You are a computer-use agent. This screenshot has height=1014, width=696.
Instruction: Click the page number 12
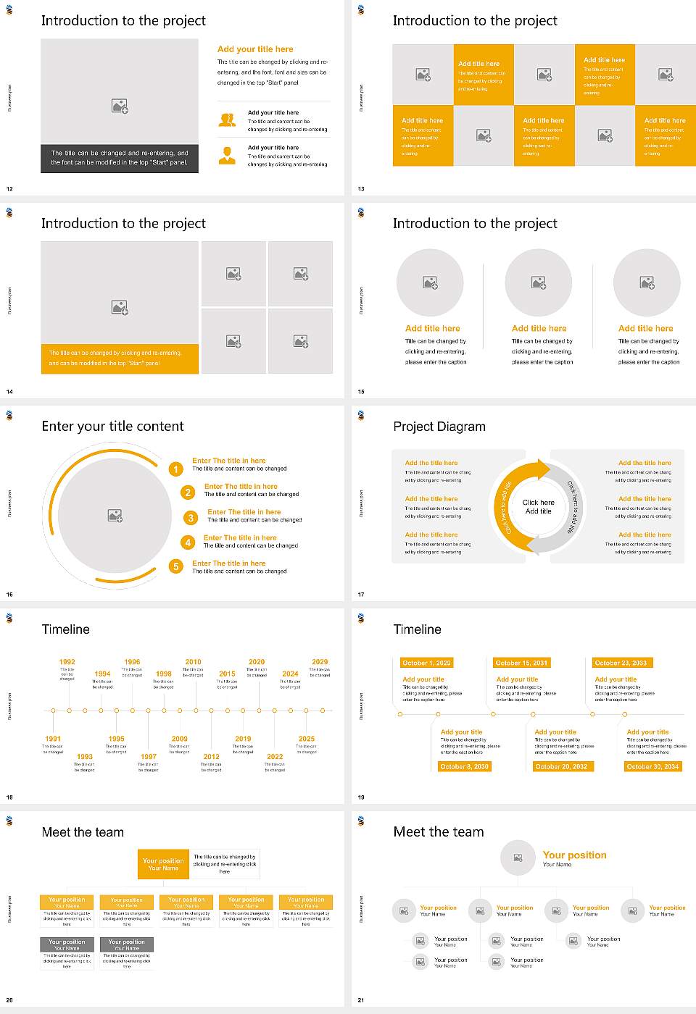(9, 189)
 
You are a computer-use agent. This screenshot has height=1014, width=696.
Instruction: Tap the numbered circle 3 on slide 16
(191, 518)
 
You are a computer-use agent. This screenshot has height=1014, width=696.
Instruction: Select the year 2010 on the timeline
(193, 662)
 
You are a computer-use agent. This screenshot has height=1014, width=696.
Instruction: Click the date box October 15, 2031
(521, 663)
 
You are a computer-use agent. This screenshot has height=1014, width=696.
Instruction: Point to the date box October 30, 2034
(652, 766)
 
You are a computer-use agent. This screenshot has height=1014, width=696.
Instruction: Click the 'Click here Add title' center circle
(538, 506)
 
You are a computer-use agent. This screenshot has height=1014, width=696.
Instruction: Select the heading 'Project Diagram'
(439, 427)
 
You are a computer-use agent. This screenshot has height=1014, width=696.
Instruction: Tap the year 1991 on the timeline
(53, 739)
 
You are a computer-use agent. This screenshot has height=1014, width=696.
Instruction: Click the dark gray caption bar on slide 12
(120, 158)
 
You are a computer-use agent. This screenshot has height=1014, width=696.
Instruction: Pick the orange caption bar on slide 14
(120, 359)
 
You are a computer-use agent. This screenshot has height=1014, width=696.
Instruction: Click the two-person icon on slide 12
(227, 120)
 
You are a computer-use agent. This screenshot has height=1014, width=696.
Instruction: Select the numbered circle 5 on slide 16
(175, 566)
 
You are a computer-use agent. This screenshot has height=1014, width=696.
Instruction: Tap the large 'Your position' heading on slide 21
(574, 855)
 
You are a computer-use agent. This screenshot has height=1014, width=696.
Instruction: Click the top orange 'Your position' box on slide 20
(163, 864)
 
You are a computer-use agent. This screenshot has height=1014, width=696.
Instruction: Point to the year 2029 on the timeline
(320, 662)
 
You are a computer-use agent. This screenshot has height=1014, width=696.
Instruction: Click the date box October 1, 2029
(426, 663)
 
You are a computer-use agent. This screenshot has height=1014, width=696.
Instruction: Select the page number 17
(361, 595)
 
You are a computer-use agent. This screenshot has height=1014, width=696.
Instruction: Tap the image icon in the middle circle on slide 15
(538, 282)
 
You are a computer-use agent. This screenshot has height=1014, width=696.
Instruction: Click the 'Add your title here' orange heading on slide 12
(255, 49)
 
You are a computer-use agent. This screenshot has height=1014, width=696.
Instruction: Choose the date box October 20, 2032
(561, 766)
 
